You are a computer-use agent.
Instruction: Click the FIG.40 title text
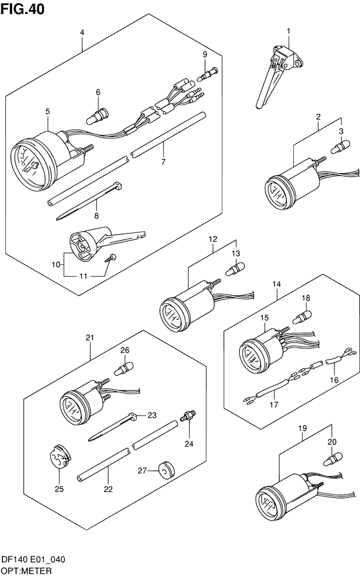click(x=22, y=9)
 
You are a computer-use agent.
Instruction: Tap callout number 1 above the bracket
click(x=289, y=32)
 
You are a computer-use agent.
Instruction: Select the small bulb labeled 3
click(x=340, y=146)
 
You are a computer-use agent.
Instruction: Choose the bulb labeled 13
click(x=235, y=268)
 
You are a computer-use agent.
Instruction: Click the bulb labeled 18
click(x=302, y=317)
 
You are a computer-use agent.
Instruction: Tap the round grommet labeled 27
click(x=166, y=469)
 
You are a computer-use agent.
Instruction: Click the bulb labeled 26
click(x=123, y=369)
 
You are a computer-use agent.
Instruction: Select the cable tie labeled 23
click(x=112, y=427)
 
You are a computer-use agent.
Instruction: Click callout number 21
click(x=90, y=338)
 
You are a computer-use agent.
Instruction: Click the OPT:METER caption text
click(x=26, y=571)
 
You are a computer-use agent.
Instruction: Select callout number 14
click(x=276, y=284)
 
